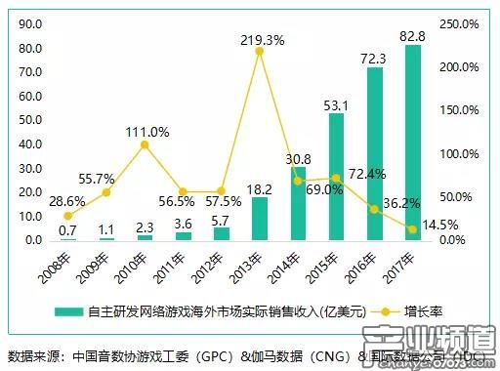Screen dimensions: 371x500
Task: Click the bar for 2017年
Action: pos(412,143)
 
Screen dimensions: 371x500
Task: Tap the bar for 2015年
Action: pos(336,177)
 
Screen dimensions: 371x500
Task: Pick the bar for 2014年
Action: pos(297,204)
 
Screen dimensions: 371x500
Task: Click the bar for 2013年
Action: pos(260,219)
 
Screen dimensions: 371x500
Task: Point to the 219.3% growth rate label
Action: pos(262,39)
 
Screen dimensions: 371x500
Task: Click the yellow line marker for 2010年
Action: pos(145,144)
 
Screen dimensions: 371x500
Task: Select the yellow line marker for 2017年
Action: pos(412,229)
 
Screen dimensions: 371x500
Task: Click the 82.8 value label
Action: pos(412,36)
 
